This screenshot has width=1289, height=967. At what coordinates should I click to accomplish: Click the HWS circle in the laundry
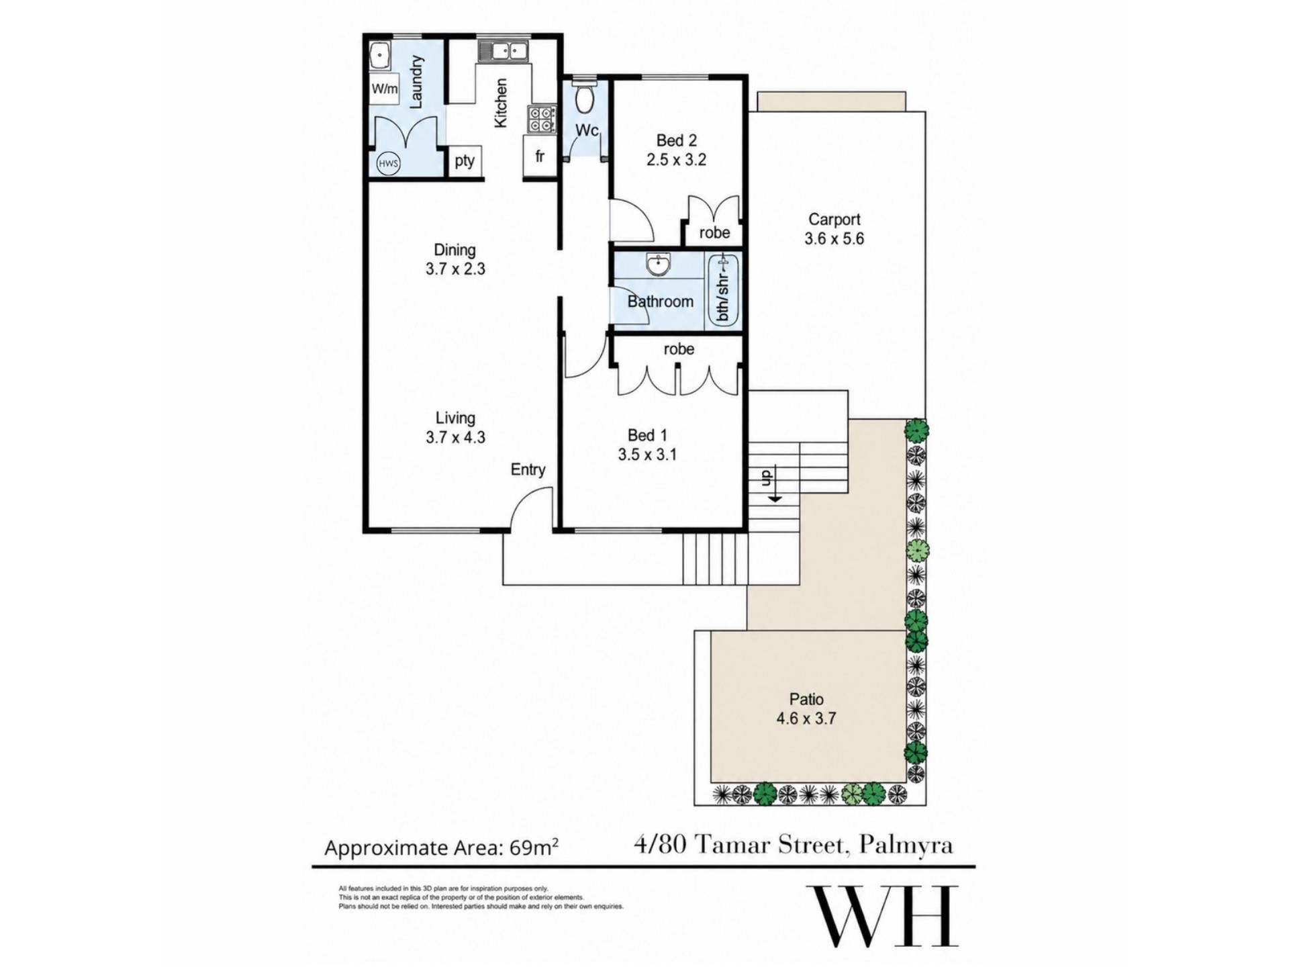(388, 163)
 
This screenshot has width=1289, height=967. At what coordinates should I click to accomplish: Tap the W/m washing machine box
(385, 89)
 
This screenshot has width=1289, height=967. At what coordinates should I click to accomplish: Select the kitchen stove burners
(542, 120)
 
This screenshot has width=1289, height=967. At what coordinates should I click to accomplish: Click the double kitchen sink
(502, 51)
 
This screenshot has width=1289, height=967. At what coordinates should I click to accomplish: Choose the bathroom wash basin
(658, 265)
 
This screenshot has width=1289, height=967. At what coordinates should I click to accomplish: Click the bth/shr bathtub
(723, 291)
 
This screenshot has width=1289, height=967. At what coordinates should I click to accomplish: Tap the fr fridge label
(540, 156)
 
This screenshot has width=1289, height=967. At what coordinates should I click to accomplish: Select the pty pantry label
(465, 161)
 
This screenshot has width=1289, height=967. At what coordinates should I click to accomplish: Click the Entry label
(528, 469)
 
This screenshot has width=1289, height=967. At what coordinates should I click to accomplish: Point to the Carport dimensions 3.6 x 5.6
(834, 238)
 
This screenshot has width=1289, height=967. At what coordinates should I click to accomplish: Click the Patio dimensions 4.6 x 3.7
(806, 719)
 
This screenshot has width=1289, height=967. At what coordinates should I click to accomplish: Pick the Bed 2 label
(677, 140)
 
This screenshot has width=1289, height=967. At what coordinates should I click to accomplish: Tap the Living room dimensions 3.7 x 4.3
(455, 437)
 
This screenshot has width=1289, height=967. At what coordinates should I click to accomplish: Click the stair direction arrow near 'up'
(775, 493)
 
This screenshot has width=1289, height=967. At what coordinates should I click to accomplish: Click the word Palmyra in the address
(906, 845)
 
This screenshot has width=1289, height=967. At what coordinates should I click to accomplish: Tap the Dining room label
(455, 250)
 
